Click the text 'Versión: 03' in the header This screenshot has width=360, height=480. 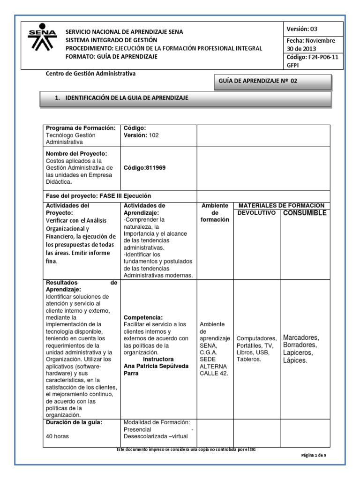(x=305, y=29)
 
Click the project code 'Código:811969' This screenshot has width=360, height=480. (x=144, y=168)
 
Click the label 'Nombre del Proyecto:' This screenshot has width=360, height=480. (x=76, y=154)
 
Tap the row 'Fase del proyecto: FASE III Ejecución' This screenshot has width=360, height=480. (x=98, y=195)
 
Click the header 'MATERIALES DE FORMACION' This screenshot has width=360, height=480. (x=281, y=205)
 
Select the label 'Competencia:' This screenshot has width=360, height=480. (x=143, y=317)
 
